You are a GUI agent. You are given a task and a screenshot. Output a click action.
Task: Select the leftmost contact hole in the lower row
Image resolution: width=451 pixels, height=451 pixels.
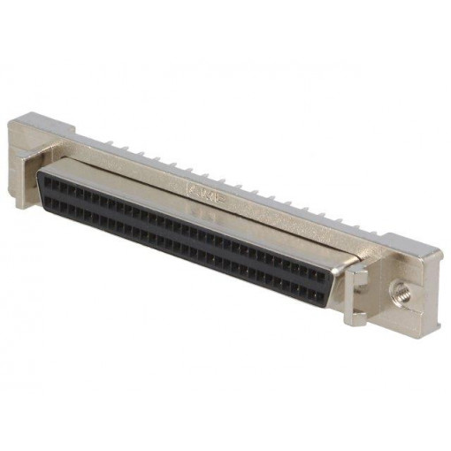pyautogui.click(x=50, y=200)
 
